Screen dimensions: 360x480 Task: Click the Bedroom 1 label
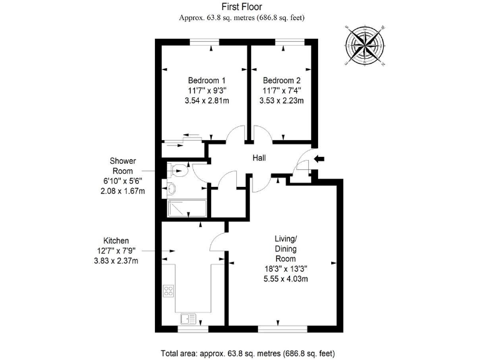point(207,81)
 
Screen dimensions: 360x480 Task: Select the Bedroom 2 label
point(282,81)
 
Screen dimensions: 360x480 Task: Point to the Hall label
point(261,159)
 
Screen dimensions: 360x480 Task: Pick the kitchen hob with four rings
point(169,290)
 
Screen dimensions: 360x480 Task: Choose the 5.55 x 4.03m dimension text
point(286,279)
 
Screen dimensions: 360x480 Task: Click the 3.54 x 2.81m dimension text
point(207,101)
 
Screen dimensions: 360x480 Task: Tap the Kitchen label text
point(116,241)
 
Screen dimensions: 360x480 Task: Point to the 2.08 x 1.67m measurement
point(122,191)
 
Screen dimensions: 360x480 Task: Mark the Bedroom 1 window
point(205,42)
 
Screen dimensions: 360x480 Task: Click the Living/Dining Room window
point(282,329)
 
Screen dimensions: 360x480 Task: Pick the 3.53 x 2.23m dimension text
point(282,101)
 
